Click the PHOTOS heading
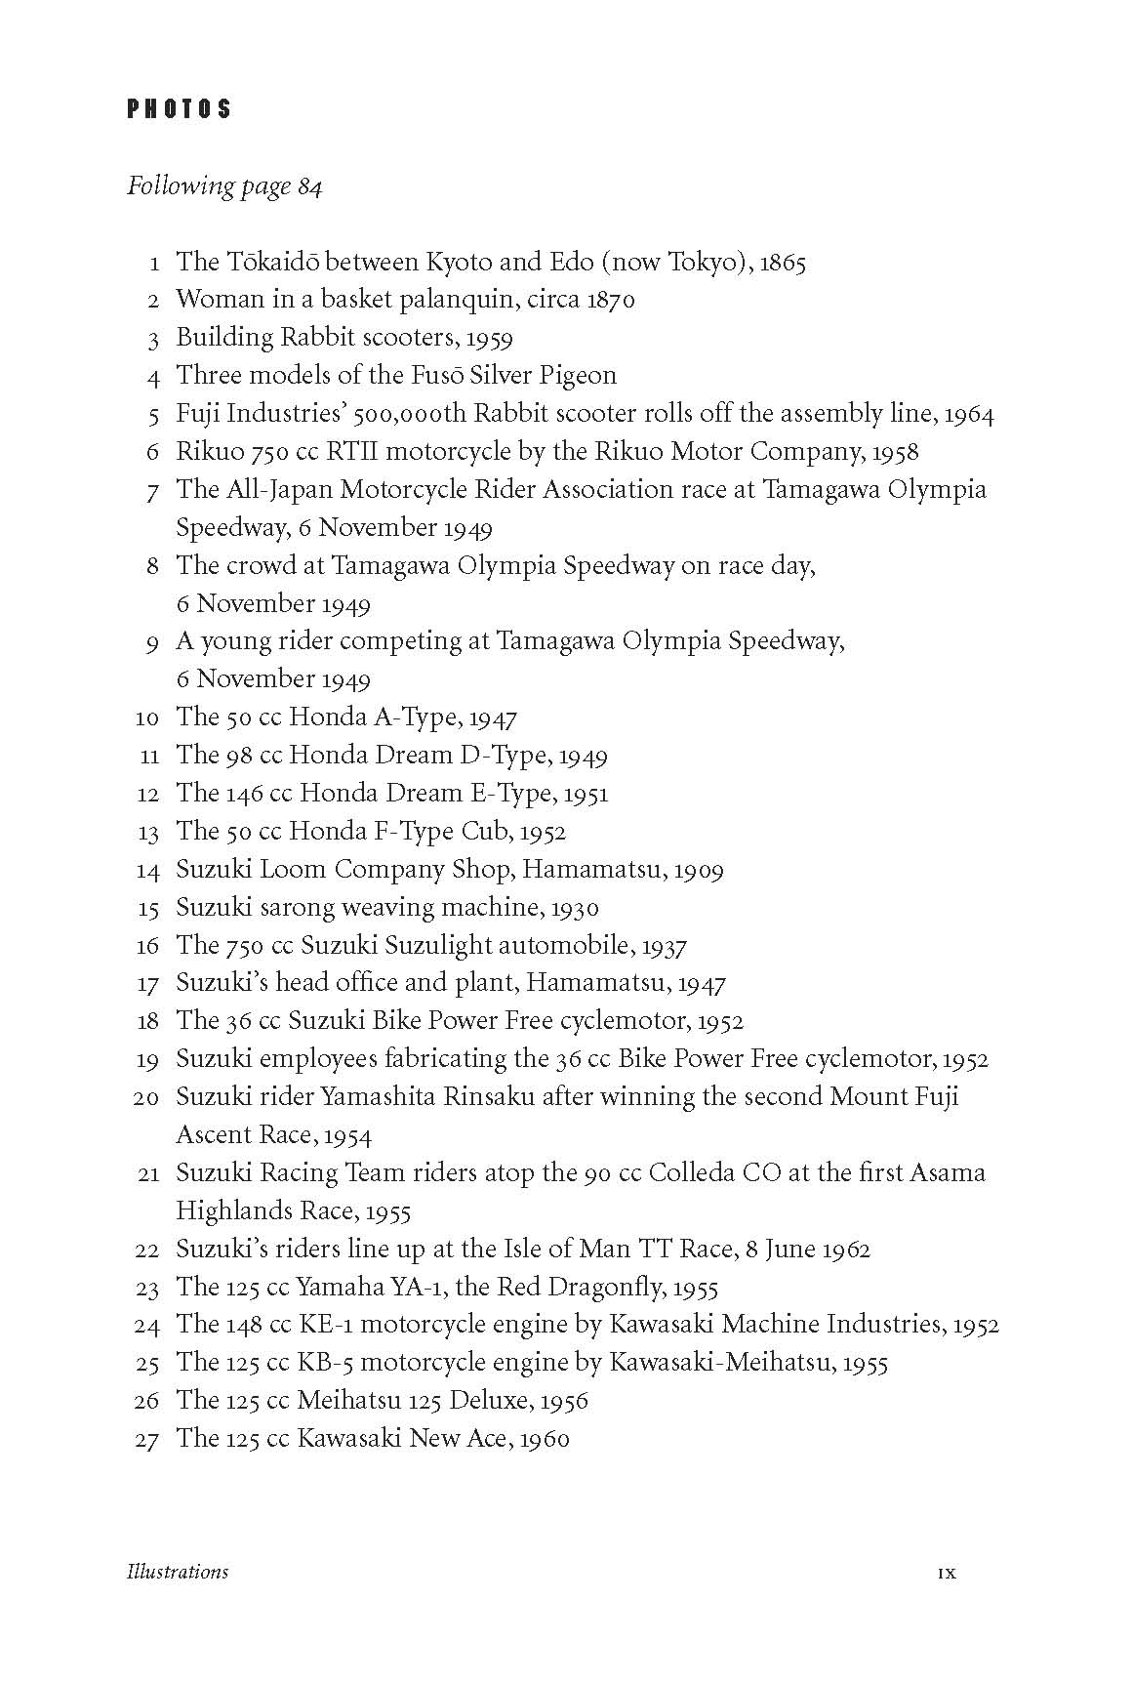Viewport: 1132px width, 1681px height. pyautogui.click(x=180, y=108)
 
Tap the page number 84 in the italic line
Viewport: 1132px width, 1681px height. pyautogui.click(x=309, y=186)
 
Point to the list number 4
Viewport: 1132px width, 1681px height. pyautogui.click(x=153, y=377)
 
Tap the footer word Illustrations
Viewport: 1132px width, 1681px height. pyautogui.click(x=178, y=1572)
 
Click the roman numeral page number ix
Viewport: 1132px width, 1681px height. pyautogui.click(x=947, y=1573)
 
